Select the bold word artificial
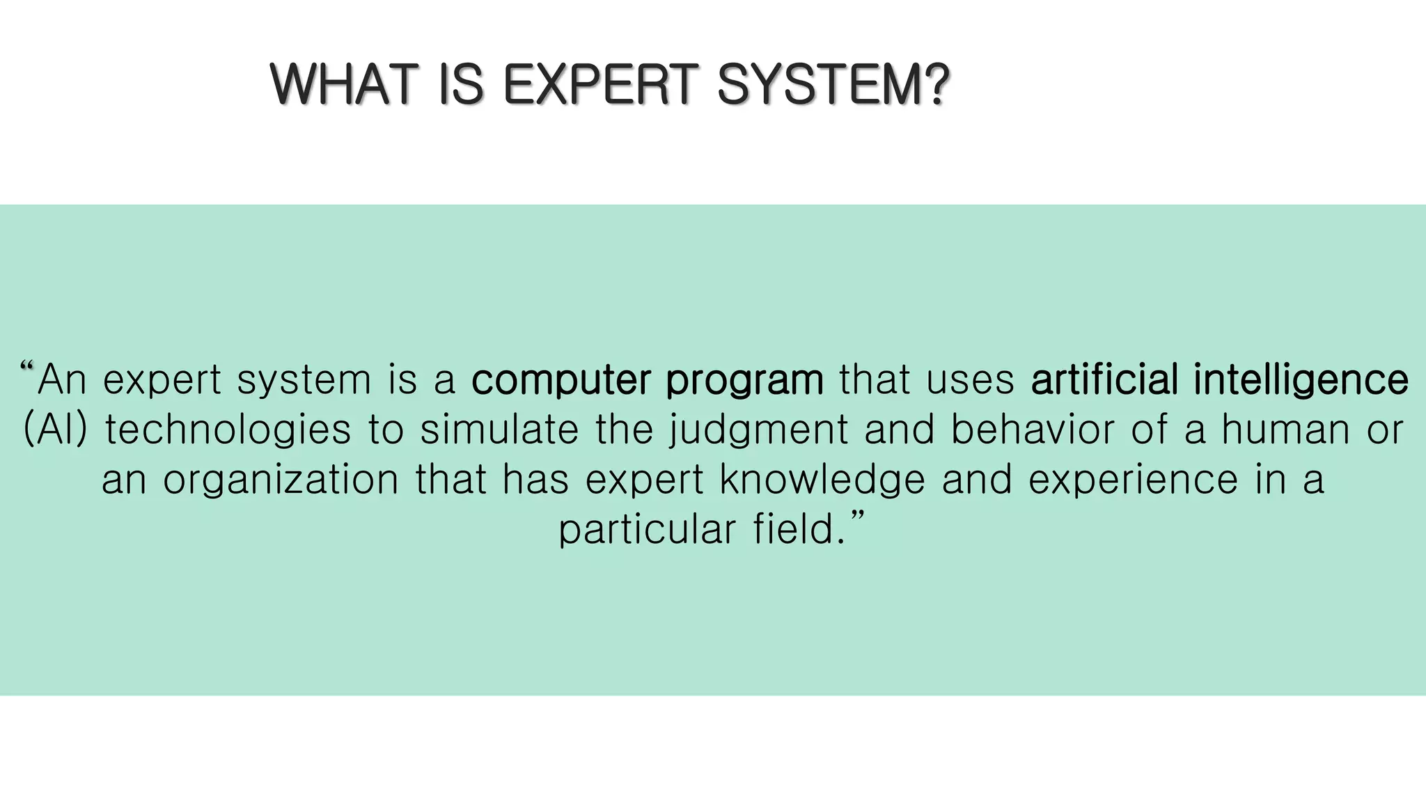click(x=1104, y=379)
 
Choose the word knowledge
click(x=822, y=480)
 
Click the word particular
click(x=647, y=530)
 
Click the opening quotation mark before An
click(x=28, y=367)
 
